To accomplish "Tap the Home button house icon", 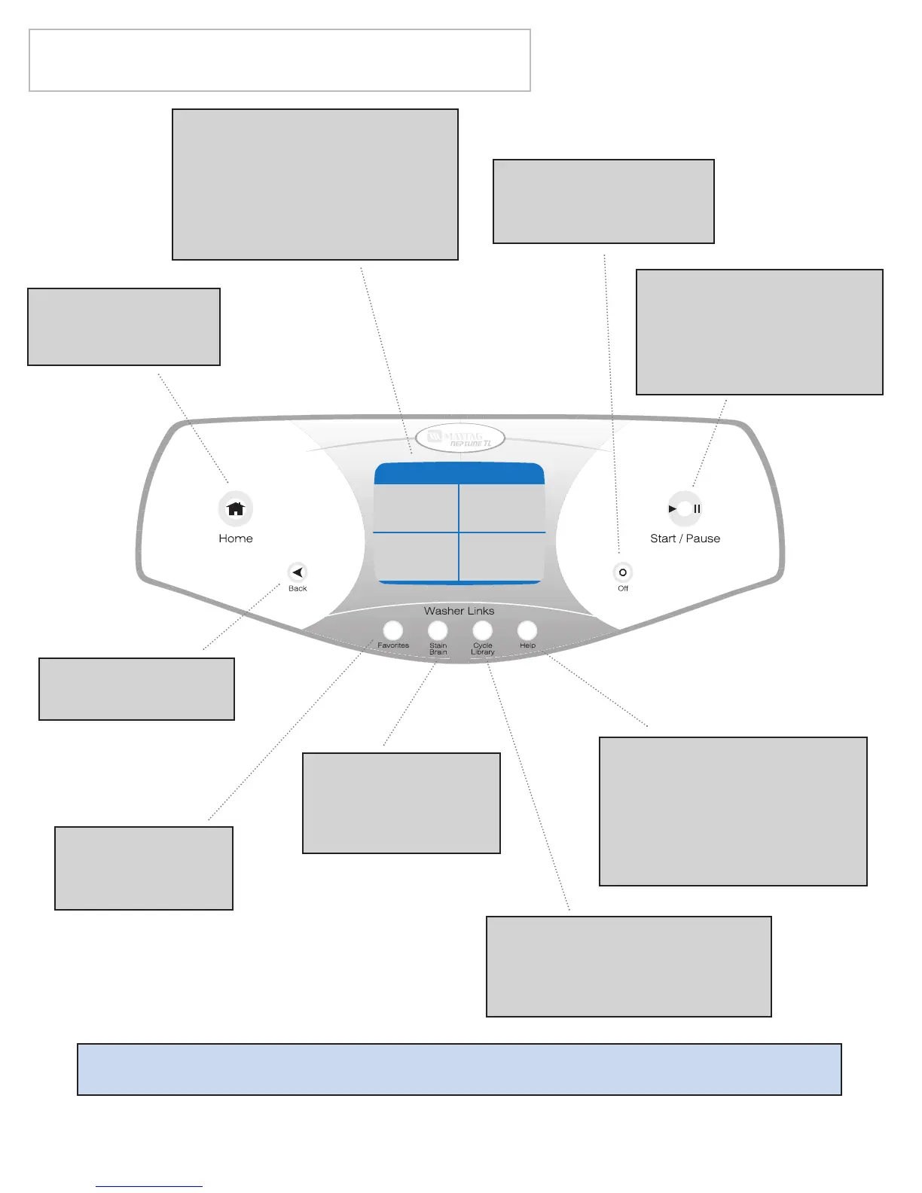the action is (x=236, y=509).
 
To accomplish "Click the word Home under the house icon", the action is (x=236, y=539).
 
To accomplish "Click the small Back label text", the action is (x=298, y=589).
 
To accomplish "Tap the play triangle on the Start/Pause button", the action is (x=672, y=509).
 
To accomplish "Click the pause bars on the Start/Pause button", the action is (x=698, y=509).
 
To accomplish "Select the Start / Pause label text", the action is (x=685, y=539).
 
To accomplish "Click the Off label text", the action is (x=623, y=589).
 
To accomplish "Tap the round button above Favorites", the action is (x=393, y=630).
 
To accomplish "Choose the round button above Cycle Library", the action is (x=483, y=630).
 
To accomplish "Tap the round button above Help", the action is (x=527, y=630).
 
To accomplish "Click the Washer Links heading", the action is (x=459, y=611).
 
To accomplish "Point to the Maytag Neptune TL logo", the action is (x=459, y=438).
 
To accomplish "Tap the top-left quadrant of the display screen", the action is (x=417, y=508).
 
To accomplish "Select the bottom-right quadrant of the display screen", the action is (x=502, y=557).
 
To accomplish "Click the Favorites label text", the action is (x=393, y=646).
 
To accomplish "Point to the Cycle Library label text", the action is (x=483, y=649).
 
